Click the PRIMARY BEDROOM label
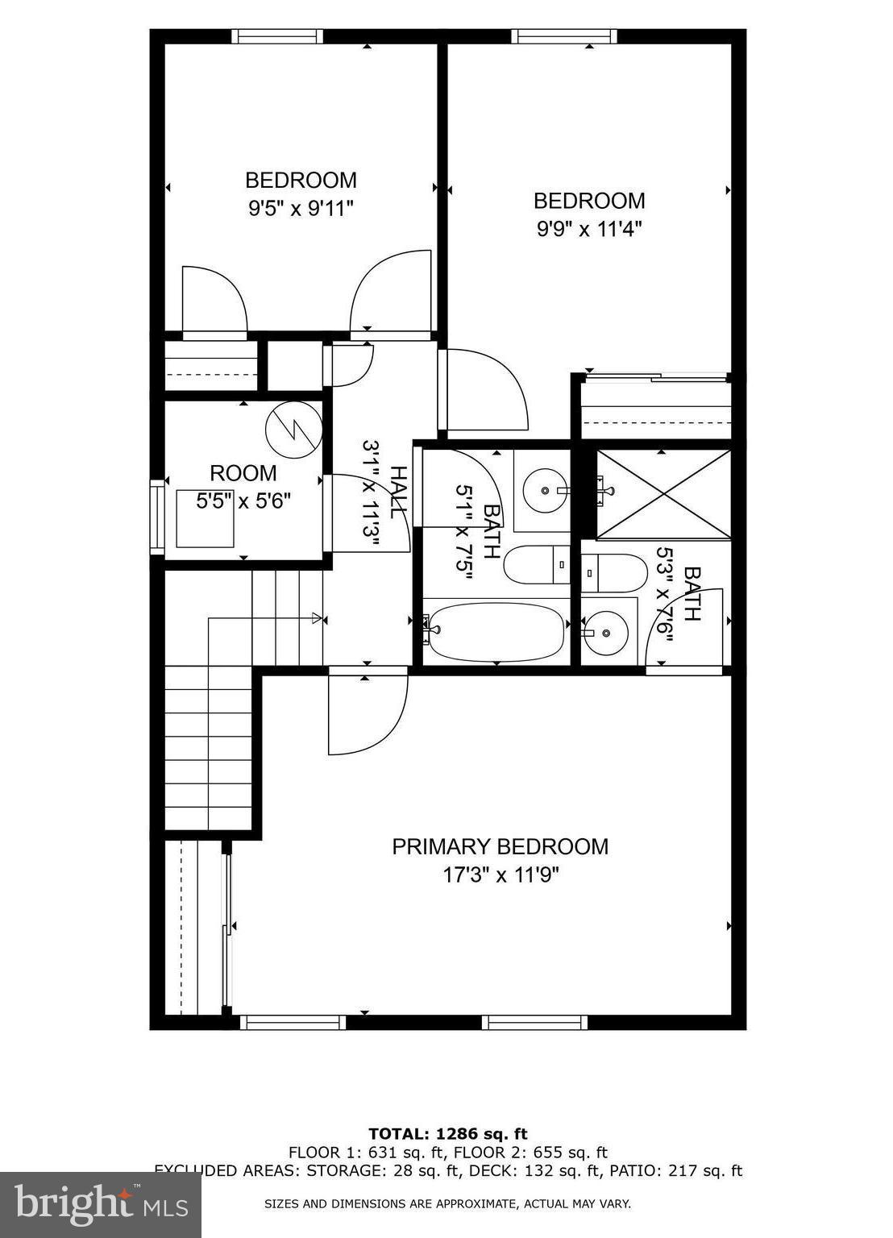500,846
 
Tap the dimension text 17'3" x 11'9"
500,875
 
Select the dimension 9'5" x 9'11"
301,209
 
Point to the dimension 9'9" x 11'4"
589,229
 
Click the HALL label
397,492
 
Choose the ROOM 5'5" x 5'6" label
243,486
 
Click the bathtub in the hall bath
495,630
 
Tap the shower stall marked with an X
662,494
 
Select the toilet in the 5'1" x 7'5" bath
537,564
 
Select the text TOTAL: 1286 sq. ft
447,1134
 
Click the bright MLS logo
101,1205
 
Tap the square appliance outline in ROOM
206,517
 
